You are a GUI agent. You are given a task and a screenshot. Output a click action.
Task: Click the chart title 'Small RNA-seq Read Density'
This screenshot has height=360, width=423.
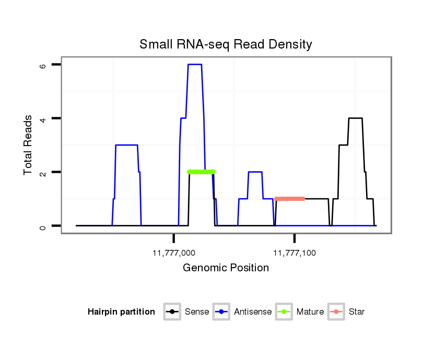(x=226, y=44)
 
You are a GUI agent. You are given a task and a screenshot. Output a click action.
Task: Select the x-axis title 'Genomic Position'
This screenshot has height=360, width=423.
(x=226, y=268)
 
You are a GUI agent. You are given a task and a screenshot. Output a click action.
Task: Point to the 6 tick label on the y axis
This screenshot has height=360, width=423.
(x=43, y=66)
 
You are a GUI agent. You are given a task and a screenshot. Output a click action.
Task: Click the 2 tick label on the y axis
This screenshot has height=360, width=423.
(x=43, y=172)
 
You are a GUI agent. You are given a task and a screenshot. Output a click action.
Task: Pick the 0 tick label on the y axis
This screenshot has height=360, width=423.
(x=43, y=227)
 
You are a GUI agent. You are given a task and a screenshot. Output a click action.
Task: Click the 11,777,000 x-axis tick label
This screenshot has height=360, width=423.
(x=174, y=253)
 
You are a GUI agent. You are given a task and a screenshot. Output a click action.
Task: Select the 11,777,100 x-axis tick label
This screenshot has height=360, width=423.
(x=295, y=253)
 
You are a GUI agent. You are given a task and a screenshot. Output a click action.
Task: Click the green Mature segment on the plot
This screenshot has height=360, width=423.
(x=201, y=172)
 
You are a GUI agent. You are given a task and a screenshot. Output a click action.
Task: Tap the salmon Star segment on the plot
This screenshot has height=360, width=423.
(x=289, y=199)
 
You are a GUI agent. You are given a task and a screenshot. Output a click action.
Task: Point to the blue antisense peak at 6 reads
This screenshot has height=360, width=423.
(x=194, y=64)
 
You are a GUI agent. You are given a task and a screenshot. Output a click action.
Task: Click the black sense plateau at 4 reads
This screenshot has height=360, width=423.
(x=355, y=118)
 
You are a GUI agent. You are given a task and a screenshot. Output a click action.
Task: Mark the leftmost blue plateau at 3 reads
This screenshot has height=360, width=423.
(x=126, y=145)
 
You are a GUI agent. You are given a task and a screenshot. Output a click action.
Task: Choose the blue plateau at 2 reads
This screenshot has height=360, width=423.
(x=255, y=172)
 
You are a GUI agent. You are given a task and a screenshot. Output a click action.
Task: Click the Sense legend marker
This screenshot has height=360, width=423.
(x=172, y=312)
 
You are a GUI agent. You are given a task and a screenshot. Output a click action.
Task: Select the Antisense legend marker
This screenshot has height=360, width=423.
(x=221, y=312)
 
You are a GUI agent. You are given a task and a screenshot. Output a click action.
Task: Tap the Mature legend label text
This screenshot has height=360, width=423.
(x=310, y=312)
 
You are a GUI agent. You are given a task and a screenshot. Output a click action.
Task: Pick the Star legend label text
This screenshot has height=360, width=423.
(x=356, y=312)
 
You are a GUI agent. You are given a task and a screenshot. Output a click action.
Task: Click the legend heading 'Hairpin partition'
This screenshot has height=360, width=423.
(x=121, y=312)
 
